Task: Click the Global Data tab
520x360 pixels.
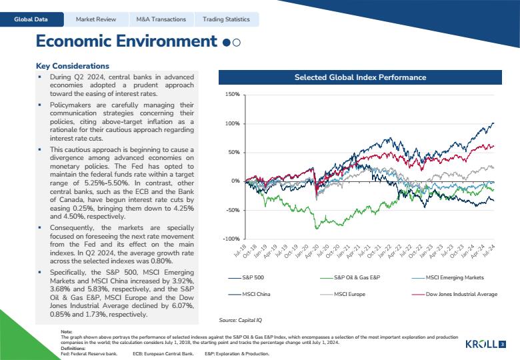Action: (x=31, y=19)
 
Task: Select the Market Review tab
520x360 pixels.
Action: (x=96, y=19)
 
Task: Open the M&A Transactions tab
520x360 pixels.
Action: (x=161, y=19)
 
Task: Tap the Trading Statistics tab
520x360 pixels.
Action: (x=226, y=19)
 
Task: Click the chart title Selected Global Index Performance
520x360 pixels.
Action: (x=360, y=77)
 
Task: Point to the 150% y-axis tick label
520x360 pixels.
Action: (x=232, y=95)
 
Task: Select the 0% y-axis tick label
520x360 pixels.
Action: (x=235, y=181)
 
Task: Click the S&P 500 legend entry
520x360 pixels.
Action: (x=246, y=277)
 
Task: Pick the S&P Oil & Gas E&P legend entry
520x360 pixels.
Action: (x=350, y=277)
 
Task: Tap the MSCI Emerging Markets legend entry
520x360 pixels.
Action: (x=448, y=277)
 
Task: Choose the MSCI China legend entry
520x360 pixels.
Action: (x=249, y=294)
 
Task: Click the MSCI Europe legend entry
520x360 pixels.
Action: (x=343, y=294)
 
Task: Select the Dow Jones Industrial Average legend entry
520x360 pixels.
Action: (x=455, y=294)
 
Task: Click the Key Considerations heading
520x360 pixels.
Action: (x=73, y=66)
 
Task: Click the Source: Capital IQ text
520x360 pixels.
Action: (x=241, y=320)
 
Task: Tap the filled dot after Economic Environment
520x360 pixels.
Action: (x=227, y=43)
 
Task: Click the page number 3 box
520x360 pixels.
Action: (x=503, y=345)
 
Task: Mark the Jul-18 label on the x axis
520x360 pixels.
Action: (x=240, y=251)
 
